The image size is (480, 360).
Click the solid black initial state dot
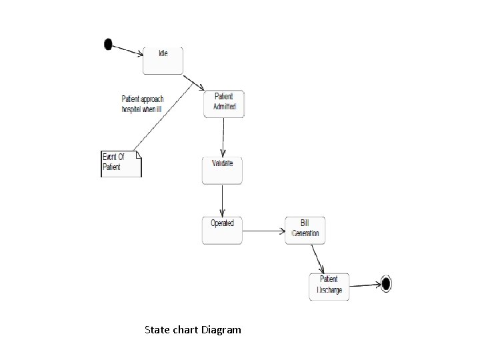pyautogui.click(x=108, y=44)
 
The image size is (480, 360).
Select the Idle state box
pyautogui.click(x=163, y=61)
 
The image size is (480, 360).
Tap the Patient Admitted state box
pyautogui.click(x=224, y=103)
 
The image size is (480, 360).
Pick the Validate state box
pyautogui.click(x=222, y=171)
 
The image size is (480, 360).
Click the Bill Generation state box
pyautogui.click(x=305, y=231)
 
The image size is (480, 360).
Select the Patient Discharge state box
pyautogui.click(x=329, y=287)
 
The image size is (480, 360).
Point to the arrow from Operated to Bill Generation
pyautogui.click(x=263, y=231)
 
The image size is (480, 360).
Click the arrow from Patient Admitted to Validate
pyautogui.click(x=223, y=137)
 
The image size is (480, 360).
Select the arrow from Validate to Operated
pyautogui.click(x=222, y=200)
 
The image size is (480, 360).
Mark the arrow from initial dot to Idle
pyautogui.click(x=127, y=50)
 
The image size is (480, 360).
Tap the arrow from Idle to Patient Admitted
pyautogui.click(x=193, y=82)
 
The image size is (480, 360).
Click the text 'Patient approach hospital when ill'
pyautogui.click(x=143, y=103)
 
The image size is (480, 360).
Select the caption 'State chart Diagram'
pyautogui.click(x=193, y=329)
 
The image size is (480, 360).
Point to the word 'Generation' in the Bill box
pyautogui.click(x=306, y=233)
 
